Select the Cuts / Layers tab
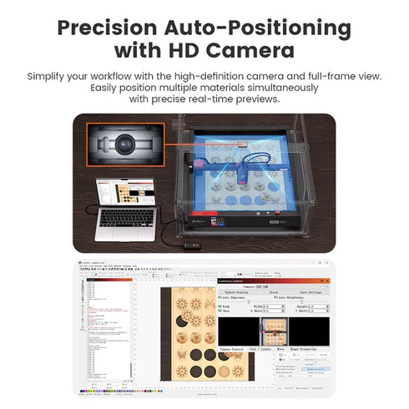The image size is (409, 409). tap(260, 348)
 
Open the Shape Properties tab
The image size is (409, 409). tap(307, 348)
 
